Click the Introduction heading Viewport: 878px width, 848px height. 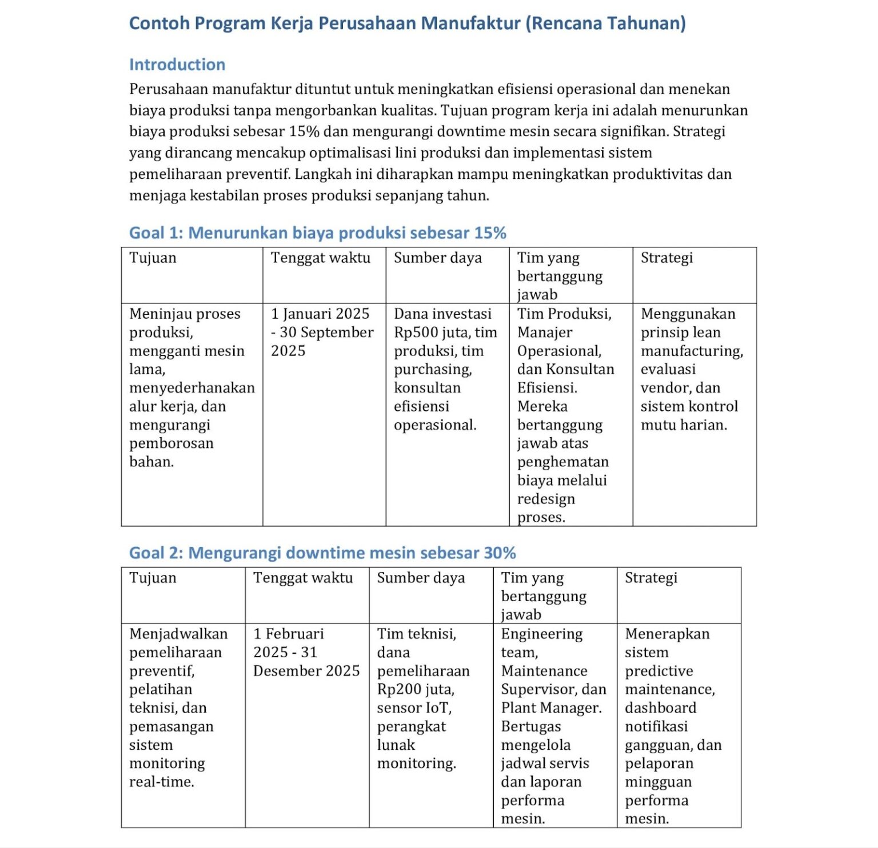[177, 65]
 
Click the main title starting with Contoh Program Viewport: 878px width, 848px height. [407, 23]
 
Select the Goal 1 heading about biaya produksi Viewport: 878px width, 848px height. [317, 233]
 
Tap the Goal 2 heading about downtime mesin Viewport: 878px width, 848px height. [322, 553]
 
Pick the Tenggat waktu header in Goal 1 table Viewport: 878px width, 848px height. [320, 258]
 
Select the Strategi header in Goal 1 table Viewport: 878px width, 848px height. [667, 258]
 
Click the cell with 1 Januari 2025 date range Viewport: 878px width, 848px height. [322, 332]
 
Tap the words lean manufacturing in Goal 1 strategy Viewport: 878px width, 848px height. [692, 342]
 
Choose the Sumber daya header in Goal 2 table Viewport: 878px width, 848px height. [421, 578]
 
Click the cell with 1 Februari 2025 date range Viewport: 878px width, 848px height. [306, 652]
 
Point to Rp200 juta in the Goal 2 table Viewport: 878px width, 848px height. [416, 689]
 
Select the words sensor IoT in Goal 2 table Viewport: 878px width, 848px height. [414, 708]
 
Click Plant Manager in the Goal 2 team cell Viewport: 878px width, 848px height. [551, 708]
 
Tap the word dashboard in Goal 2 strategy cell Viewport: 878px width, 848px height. [660, 708]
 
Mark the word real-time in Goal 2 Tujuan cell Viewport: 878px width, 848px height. [161, 782]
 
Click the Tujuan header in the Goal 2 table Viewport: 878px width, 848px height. [153, 578]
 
